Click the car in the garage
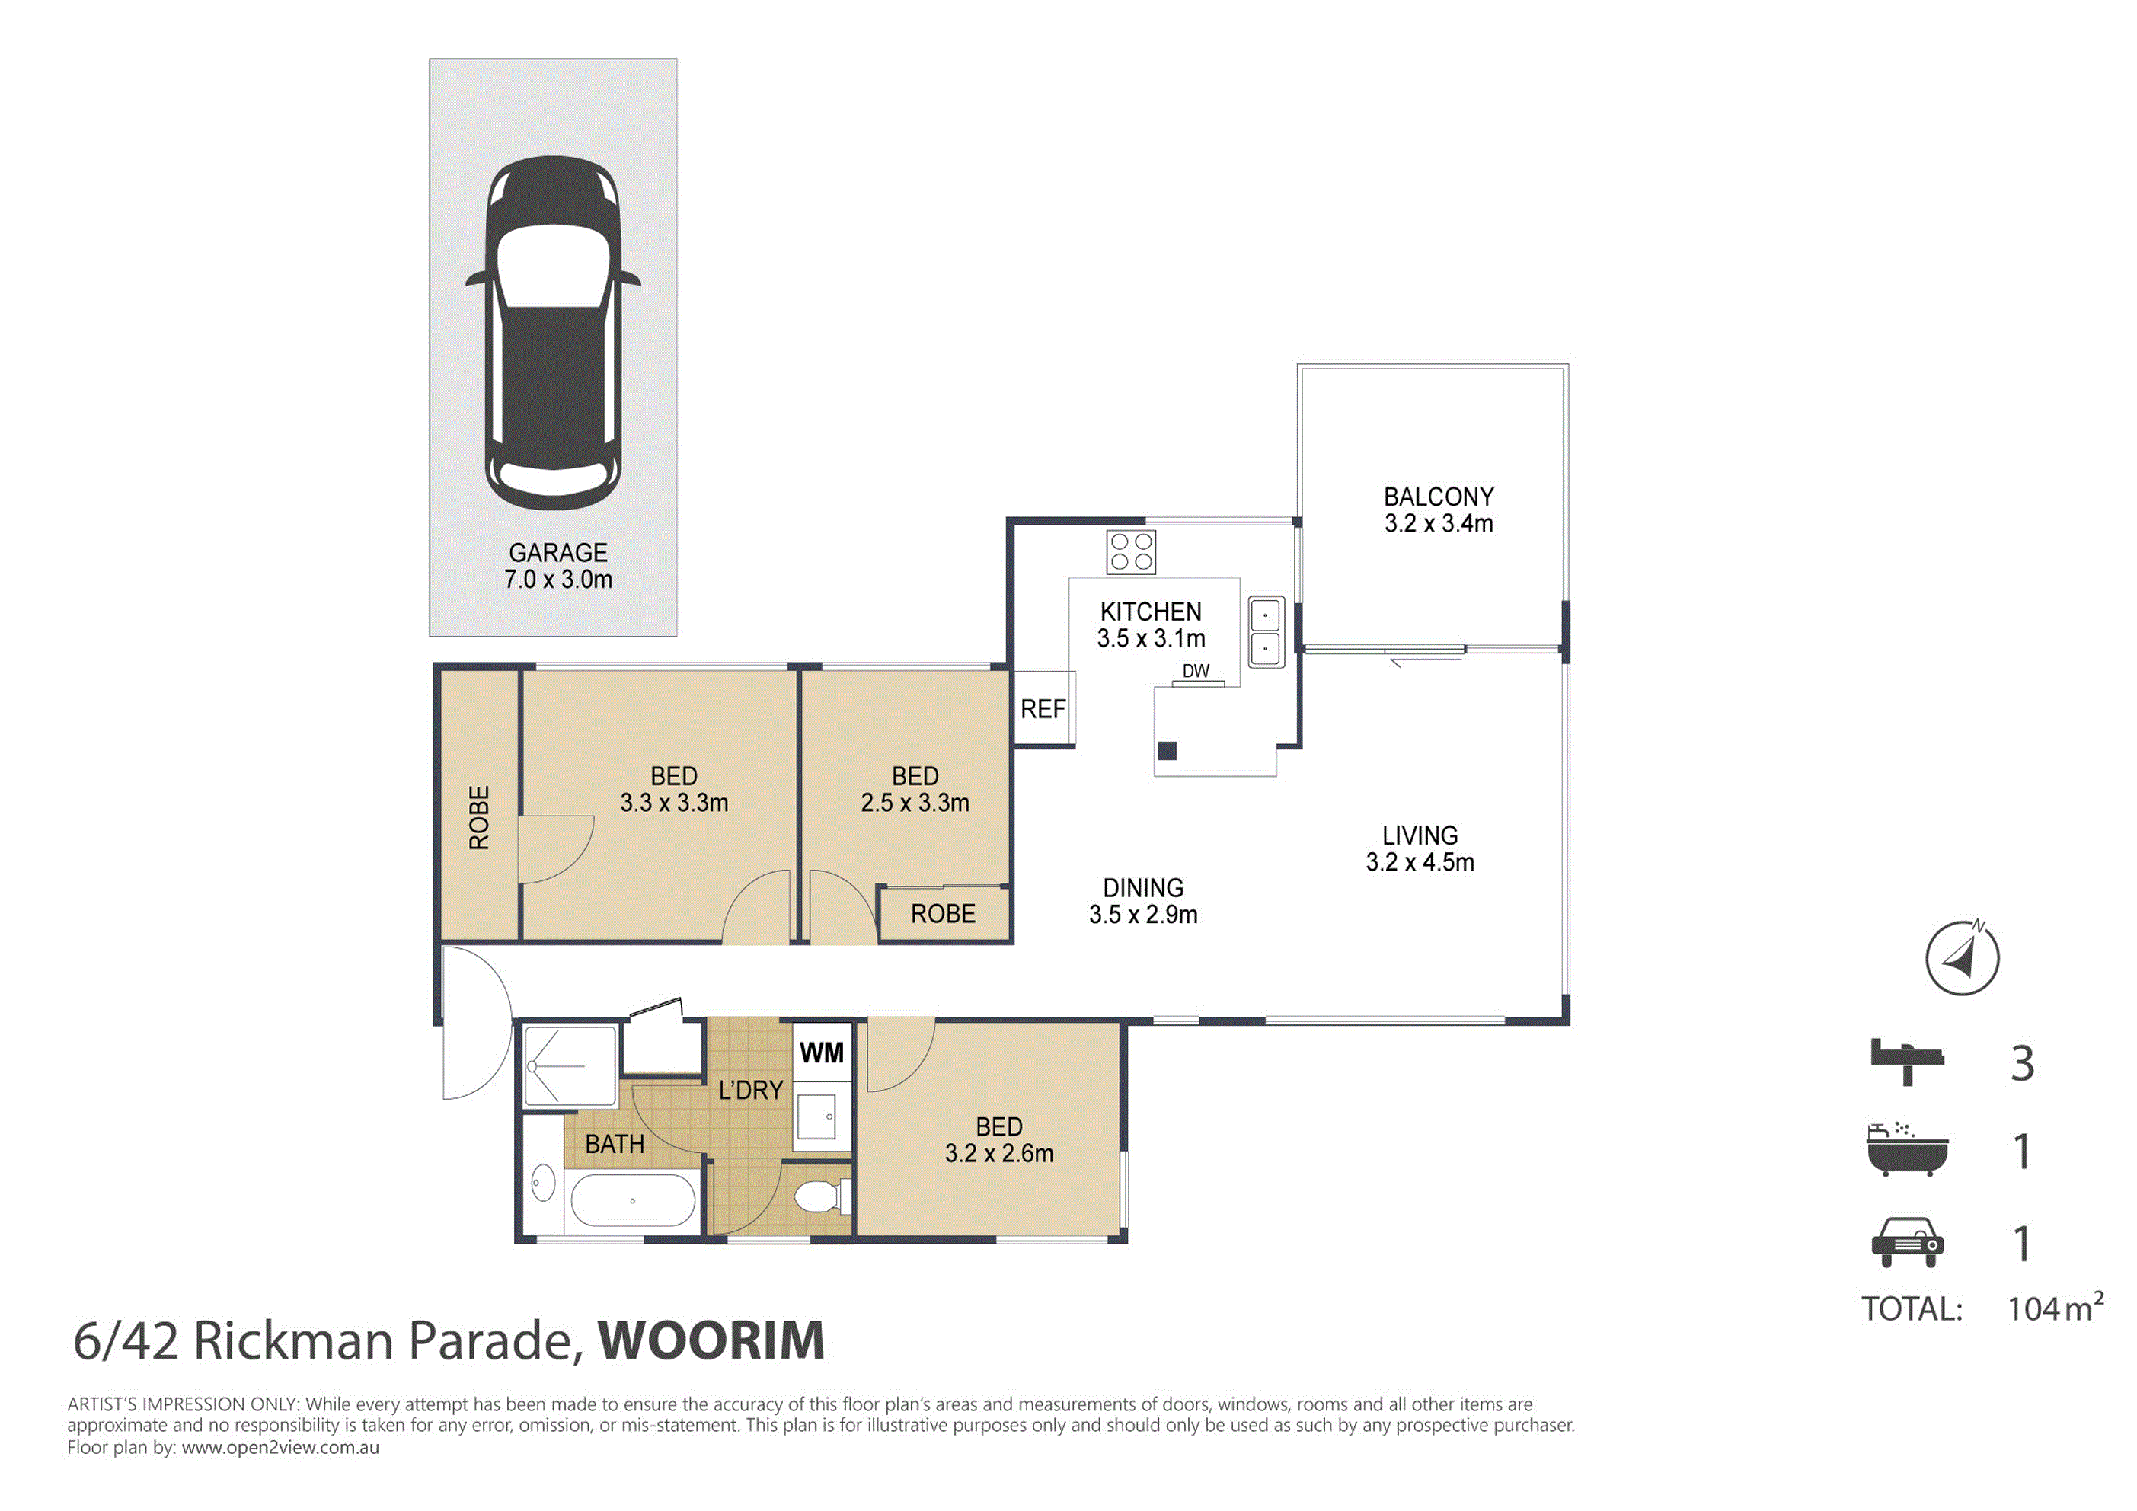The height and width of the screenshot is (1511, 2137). (x=553, y=332)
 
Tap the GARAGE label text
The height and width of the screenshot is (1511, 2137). (x=557, y=553)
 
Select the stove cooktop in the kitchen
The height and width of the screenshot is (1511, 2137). (x=1131, y=552)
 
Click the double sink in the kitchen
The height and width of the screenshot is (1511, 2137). (x=1266, y=632)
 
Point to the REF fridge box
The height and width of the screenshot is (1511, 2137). (x=1043, y=708)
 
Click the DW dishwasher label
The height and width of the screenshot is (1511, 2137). (x=1196, y=670)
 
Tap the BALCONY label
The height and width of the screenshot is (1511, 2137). (x=1438, y=497)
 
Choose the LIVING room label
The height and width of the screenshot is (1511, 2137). (x=1420, y=836)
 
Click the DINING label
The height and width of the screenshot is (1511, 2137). (x=1143, y=888)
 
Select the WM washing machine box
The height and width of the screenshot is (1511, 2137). (x=822, y=1053)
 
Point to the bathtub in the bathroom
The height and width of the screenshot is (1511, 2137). (x=633, y=1200)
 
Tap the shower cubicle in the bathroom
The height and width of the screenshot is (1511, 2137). (x=570, y=1066)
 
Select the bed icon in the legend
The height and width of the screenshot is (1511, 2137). (x=1907, y=1062)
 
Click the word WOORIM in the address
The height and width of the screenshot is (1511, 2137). (x=711, y=1340)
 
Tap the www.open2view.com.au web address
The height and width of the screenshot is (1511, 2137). (x=280, y=1448)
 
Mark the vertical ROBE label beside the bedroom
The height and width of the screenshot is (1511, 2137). (x=478, y=817)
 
